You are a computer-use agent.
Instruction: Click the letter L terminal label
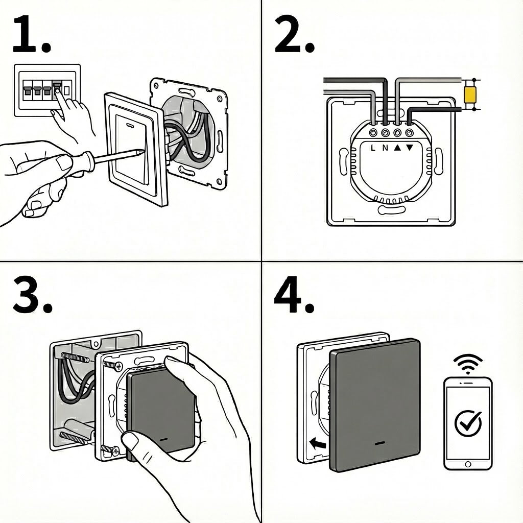pos(373,148)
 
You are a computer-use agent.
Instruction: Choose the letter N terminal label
pos(385,148)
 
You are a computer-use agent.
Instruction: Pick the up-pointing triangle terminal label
pos(398,148)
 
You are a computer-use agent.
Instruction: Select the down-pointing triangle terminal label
pos(410,148)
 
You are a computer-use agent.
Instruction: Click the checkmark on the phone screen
pos(467,422)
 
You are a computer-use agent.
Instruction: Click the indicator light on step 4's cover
pos(380,443)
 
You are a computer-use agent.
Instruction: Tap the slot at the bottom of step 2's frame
pos(391,210)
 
